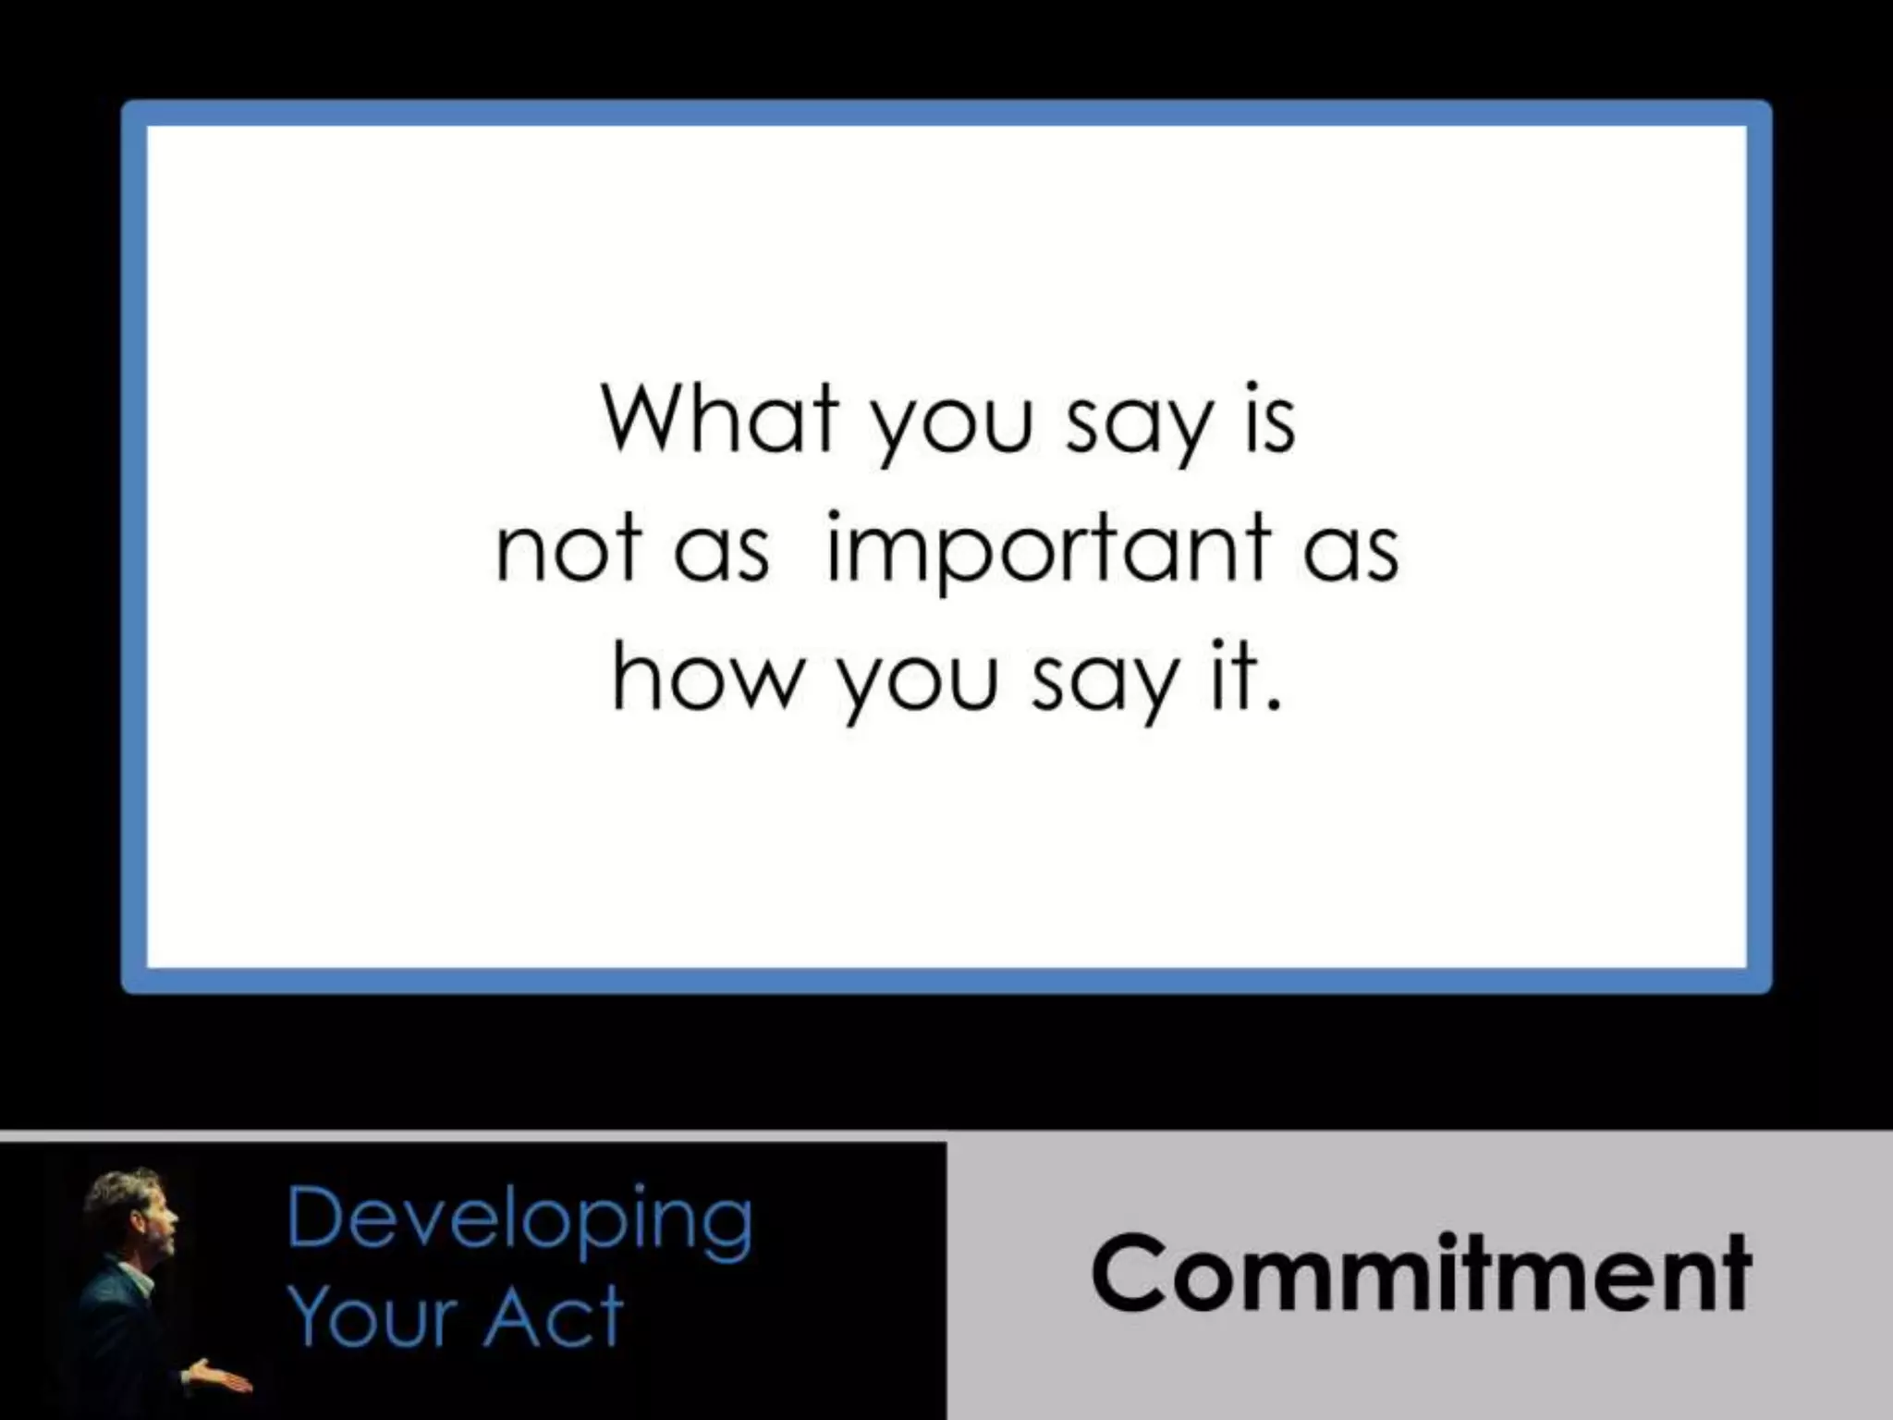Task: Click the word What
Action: coord(720,419)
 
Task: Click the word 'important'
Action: coord(1047,549)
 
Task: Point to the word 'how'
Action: coord(705,679)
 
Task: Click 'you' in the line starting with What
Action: coord(952,428)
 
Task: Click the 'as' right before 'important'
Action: coord(721,555)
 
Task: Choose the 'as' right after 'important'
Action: coord(1351,555)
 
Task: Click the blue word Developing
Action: coord(519,1221)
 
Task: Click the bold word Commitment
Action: coord(1421,1273)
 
